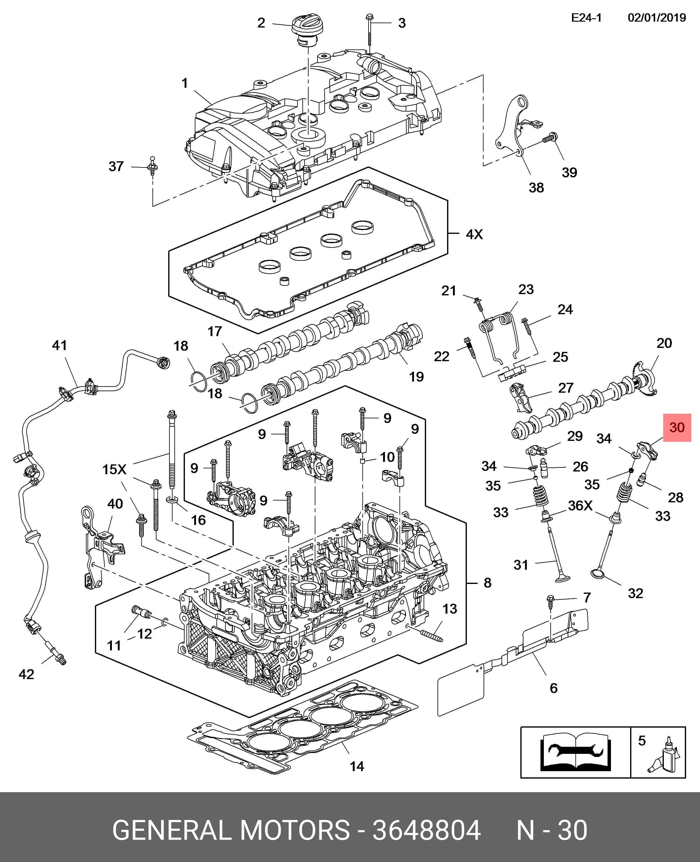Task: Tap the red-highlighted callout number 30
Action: click(x=677, y=428)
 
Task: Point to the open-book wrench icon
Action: click(x=575, y=752)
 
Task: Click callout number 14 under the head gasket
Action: click(x=357, y=767)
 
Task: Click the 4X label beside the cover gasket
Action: click(x=474, y=235)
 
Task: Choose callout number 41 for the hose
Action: click(x=60, y=345)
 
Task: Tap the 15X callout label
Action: click(x=114, y=470)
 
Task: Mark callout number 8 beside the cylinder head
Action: click(x=488, y=583)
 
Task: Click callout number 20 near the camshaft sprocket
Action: click(x=664, y=343)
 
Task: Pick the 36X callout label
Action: click(x=580, y=506)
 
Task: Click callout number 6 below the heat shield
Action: click(x=554, y=688)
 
